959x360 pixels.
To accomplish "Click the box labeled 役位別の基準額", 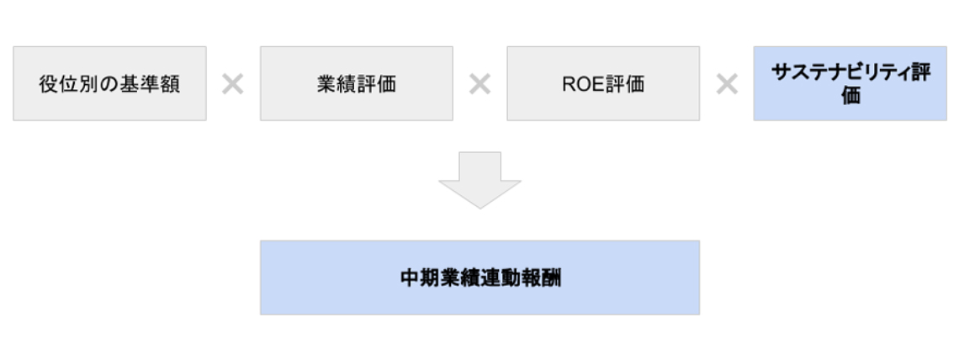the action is tap(109, 83).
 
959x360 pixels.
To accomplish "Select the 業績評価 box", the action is tap(357, 83).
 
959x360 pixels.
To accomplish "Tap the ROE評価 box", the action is tap(603, 83).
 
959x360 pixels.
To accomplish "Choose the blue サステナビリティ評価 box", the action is tap(850, 83).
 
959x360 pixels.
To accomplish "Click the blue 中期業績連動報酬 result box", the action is tap(480, 278).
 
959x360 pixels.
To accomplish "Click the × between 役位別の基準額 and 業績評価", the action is tap(232, 84).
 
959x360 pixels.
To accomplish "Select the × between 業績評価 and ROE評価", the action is tap(480, 84).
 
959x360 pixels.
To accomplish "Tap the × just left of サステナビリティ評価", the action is tap(727, 84).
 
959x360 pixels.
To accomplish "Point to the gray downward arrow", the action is tap(480, 180).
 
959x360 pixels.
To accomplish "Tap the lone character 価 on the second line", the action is tap(850, 95).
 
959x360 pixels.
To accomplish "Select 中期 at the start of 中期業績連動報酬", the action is tap(420, 278).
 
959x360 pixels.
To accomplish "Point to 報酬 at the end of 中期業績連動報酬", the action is tap(541, 278).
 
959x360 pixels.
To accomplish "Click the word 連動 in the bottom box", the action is tap(501, 278).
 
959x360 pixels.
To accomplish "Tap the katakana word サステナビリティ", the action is tap(841, 72).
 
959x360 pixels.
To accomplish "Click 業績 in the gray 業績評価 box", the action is tap(336, 84).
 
